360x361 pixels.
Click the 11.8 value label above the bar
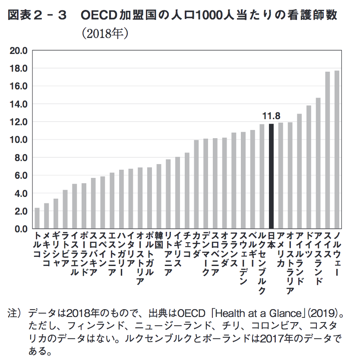271,116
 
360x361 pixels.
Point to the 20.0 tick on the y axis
19,51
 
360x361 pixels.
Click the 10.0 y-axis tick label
19,140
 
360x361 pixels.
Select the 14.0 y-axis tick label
19,104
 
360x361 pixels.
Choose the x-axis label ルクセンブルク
262,263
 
